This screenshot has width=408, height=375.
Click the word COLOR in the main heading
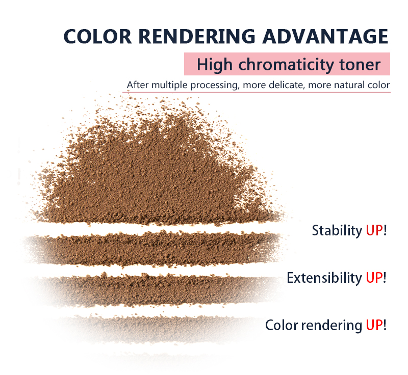pyautogui.click(x=97, y=36)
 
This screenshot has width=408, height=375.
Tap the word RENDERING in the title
pyautogui.click(x=197, y=36)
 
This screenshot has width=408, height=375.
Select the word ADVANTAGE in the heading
pyautogui.click(x=325, y=36)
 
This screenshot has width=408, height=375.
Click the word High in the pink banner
pyautogui.click(x=214, y=65)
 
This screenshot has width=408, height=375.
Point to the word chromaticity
pyautogui.click(x=286, y=65)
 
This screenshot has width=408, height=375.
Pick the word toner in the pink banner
pyautogui.click(x=360, y=65)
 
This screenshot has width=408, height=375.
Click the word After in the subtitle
pyautogui.click(x=138, y=85)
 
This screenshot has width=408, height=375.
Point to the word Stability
pyautogui.click(x=337, y=231)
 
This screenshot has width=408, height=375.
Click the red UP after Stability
pyautogui.click(x=374, y=230)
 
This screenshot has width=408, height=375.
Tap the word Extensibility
pyautogui.click(x=324, y=278)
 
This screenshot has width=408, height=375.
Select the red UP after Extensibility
pyautogui.click(x=374, y=278)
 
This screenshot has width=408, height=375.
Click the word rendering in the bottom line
pyautogui.click(x=331, y=326)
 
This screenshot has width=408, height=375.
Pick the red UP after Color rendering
pyautogui.click(x=374, y=325)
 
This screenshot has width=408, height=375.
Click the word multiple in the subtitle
pyautogui.click(x=169, y=85)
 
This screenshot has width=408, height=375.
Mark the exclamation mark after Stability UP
pyautogui.click(x=385, y=230)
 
